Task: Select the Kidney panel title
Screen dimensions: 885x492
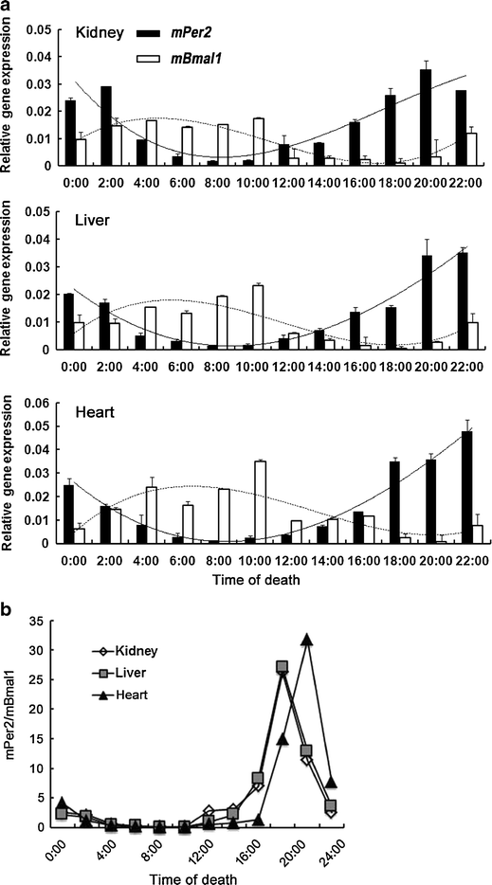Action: pyautogui.click(x=102, y=34)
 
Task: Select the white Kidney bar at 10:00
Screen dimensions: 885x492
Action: pyautogui.click(x=259, y=142)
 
